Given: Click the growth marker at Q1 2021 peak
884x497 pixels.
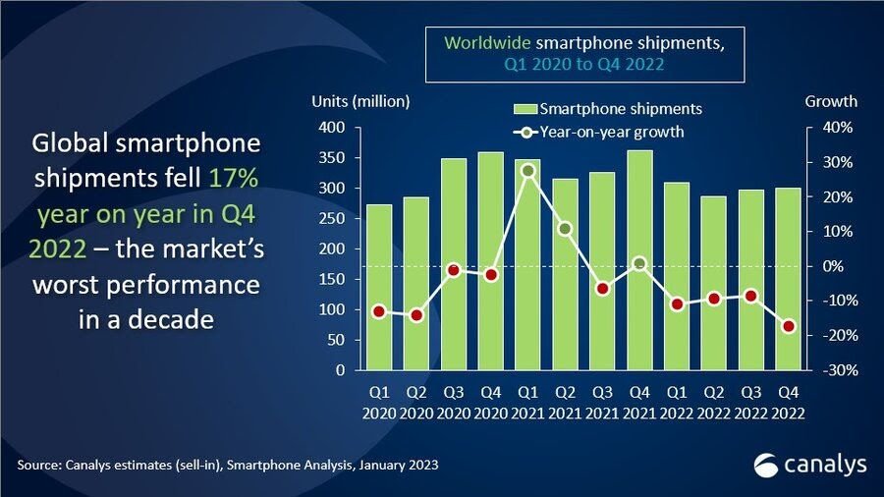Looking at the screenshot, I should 527,171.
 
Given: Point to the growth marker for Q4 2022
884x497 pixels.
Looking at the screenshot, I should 788,326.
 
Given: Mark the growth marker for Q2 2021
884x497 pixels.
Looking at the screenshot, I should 565,229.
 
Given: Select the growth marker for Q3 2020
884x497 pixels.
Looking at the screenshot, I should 453,270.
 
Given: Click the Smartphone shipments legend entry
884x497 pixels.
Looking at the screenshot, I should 609,108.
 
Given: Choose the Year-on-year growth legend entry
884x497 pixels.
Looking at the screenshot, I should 609,131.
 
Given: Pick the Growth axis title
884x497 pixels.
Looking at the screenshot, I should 831,101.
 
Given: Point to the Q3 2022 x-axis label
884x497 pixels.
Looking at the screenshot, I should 749,401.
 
